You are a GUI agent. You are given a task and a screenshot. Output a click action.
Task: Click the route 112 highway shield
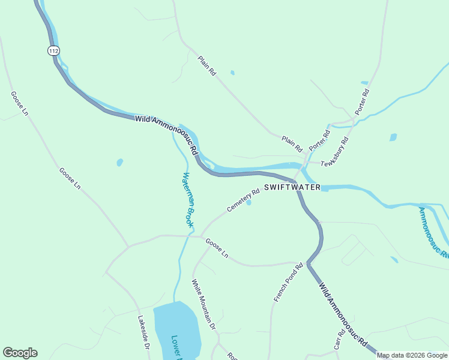tap(54, 51)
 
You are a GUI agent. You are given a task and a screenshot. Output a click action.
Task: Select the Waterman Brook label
tap(188, 200)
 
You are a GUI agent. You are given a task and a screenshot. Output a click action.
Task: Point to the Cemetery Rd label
tap(243, 200)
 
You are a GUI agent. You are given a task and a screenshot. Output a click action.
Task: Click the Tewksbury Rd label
tap(335, 155)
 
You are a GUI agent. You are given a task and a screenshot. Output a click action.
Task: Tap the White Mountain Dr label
tap(203, 305)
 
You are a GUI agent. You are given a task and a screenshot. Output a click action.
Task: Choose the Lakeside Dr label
tap(143, 333)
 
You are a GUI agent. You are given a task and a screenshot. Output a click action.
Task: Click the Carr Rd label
tap(340, 339)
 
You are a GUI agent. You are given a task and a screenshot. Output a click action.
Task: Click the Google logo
tap(20, 353)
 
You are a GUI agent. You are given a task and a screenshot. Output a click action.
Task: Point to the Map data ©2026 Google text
tap(412, 355)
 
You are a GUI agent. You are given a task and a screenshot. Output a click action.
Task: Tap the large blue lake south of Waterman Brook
tap(176, 330)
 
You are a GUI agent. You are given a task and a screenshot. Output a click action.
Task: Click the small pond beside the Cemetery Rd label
tap(249, 202)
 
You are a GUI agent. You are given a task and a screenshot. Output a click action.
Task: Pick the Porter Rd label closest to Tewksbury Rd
tap(320, 140)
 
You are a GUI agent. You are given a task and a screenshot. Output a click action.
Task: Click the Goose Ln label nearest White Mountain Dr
tap(217, 248)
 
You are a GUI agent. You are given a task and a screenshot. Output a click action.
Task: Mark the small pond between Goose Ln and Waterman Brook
tap(119, 162)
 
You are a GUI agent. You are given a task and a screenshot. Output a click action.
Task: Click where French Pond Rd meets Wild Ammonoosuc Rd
tap(307, 263)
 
